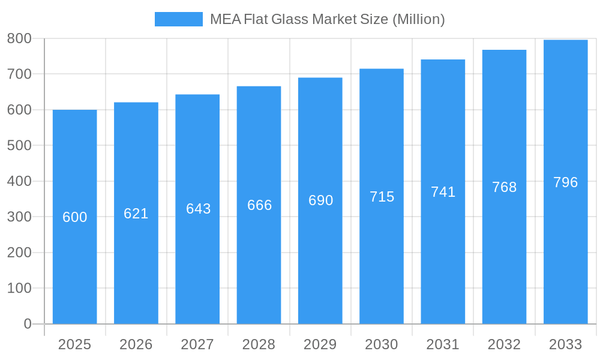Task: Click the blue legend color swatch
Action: tap(178, 19)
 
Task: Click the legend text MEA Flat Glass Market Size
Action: tap(299, 19)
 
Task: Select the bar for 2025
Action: tap(75, 270)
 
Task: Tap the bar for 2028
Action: tap(259, 264)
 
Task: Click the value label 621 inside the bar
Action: tap(136, 214)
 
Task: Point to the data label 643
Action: tap(198, 209)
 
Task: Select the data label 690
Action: tap(320, 200)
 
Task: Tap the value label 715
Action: tap(382, 197)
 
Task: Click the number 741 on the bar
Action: tap(443, 192)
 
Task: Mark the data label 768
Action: tap(504, 187)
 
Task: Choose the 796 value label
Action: tap(565, 182)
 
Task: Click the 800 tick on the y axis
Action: tap(19, 38)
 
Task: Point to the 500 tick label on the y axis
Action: tap(19, 145)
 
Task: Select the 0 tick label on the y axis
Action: tap(27, 324)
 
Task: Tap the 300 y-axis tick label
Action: tap(19, 217)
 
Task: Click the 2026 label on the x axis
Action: tap(136, 344)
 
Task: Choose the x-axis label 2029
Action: tap(320, 344)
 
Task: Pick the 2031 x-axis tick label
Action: tap(443, 344)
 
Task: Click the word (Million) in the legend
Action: tap(418, 19)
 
